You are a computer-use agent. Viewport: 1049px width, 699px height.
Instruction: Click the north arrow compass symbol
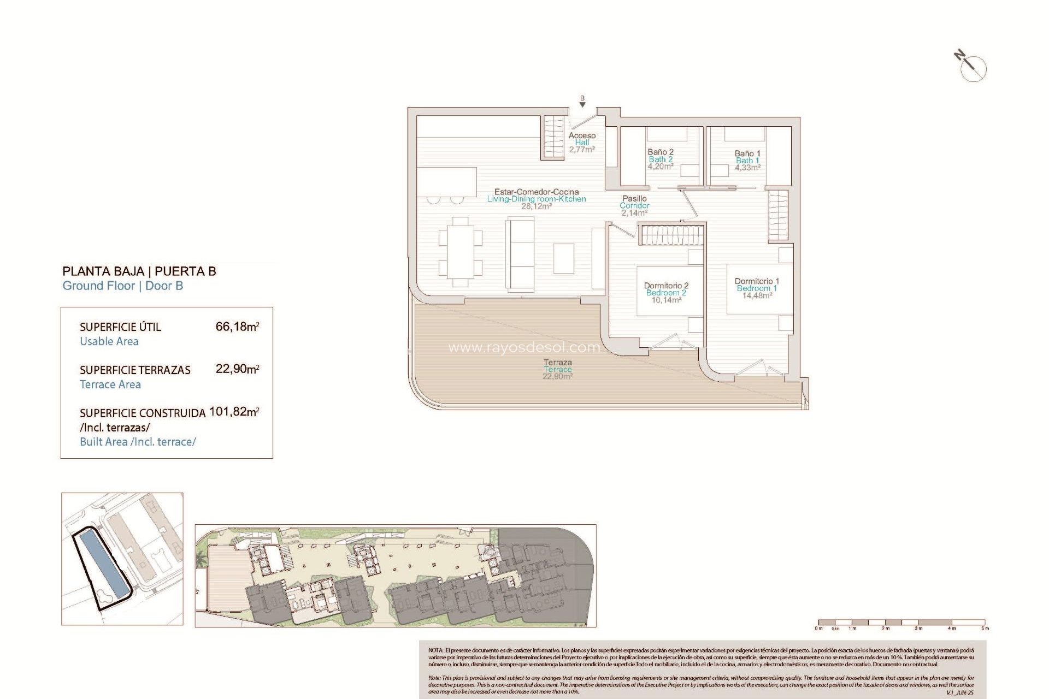click(972, 67)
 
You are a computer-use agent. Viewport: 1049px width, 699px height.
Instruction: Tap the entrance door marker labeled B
click(582, 101)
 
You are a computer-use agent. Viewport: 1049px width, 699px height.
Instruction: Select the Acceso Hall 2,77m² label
click(582, 142)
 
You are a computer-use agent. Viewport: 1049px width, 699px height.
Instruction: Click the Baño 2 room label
click(661, 159)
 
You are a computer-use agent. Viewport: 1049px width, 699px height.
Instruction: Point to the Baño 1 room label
click(747, 161)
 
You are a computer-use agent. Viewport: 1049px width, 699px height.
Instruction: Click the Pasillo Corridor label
click(634, 205)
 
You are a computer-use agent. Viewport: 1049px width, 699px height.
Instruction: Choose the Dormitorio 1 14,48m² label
click(757, 288)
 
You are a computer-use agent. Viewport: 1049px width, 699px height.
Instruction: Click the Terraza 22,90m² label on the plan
click(558, 369)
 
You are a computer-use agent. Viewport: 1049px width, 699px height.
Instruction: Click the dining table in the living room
click(461, 252)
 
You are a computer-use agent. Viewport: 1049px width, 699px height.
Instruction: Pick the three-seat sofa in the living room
click(520, 253)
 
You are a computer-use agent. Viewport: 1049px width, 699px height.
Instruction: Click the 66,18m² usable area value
click(237, 327)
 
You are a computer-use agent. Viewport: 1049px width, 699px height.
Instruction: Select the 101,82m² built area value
click(234, 412)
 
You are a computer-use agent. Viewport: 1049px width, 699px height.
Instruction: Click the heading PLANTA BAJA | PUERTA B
click(139, 271)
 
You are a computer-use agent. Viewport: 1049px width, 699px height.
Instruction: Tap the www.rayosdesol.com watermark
click(523, 347)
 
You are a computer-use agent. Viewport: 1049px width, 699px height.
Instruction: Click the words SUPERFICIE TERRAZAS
click(135, 370)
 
